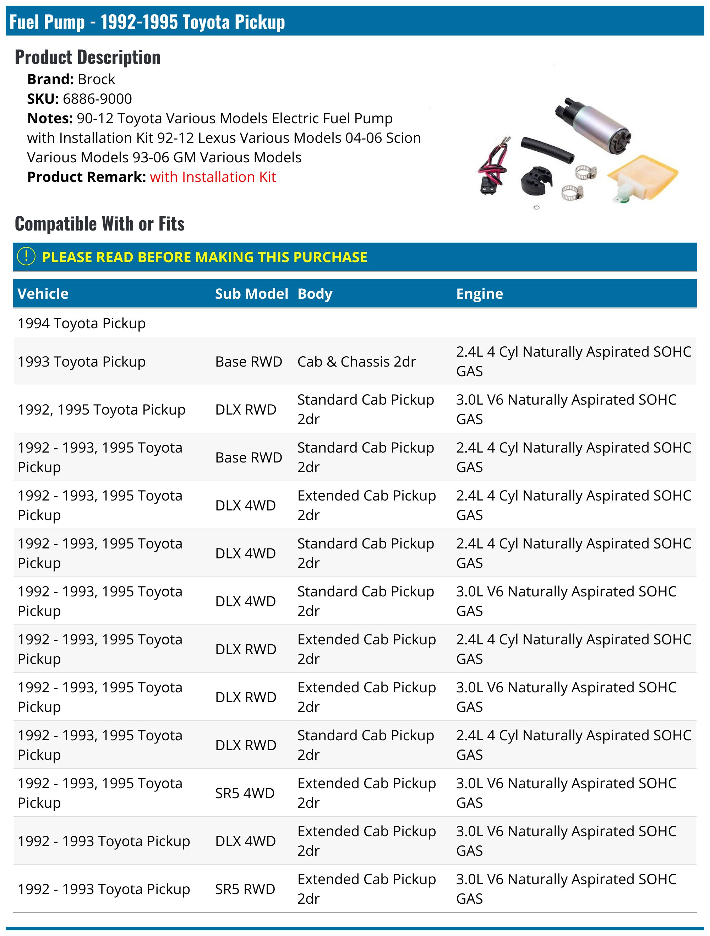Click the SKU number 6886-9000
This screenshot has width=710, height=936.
pos(97,99)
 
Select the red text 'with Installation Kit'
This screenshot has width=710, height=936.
pos(212,177)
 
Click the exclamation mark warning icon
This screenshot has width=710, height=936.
pos(26,256)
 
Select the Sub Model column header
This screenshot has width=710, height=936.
pos(251,294)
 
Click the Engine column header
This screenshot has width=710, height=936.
pos(479,294)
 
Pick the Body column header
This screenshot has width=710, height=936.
pos(315,294)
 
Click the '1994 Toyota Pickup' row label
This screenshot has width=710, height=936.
pos(82,323)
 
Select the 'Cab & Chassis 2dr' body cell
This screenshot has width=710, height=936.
pos(356,362)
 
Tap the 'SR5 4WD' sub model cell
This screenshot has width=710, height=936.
pos(245,793)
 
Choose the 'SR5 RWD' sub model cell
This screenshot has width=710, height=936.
pos(245,889)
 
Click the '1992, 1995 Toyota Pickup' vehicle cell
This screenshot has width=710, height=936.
pos(102,410)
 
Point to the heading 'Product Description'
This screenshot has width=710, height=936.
pos(88,57)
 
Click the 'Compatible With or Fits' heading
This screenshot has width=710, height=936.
pos(100,224)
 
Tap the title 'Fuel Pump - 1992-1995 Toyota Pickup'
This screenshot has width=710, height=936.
pos(147,22)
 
